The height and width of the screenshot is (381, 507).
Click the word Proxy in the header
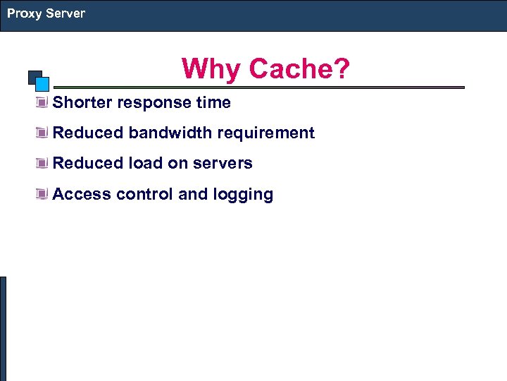tap(24, 13)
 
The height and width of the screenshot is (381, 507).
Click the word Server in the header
tap(65, 13)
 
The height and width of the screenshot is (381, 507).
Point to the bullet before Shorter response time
tap(43, 103)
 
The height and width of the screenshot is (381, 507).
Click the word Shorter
tap(82, 103)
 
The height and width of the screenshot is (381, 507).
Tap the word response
tap(154, 103)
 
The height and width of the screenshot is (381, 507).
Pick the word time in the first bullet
tap(213, 103)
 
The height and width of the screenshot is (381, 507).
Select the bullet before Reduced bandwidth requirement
tap(43, 133)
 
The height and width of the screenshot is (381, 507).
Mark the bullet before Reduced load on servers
tap(43, 164)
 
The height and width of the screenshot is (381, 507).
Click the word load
tap(145, 163)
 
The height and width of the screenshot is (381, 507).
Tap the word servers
tap(224, 164)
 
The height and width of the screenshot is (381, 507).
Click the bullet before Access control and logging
tap(43, 195)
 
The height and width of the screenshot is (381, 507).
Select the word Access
tap(82, 194)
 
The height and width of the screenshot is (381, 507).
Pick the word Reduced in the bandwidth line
tap(88, 133)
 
